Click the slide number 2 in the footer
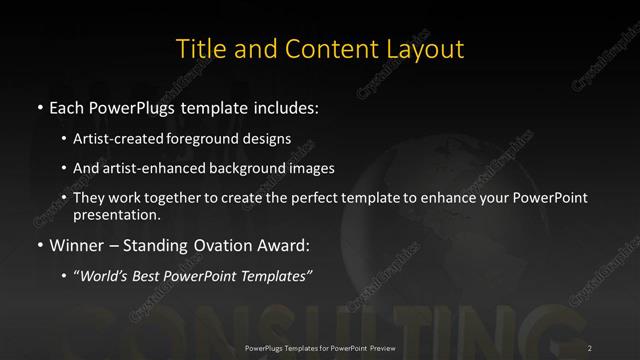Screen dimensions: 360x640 589,347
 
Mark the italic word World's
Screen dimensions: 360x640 105,271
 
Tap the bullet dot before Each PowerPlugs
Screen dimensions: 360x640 39,105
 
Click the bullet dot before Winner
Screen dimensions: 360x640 39,243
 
